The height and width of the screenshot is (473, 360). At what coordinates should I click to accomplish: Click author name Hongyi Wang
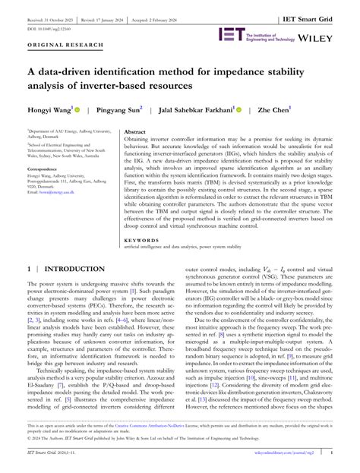pos(49,109)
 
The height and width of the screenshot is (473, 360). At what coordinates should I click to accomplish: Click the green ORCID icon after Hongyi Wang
pos(77,109)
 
